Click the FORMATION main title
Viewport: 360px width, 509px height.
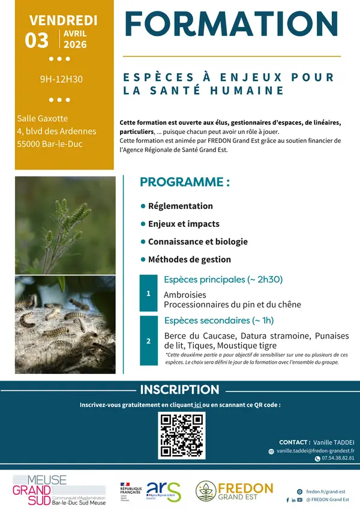click(x=232, y=24)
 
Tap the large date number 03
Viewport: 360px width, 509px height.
click(x=37, y=40)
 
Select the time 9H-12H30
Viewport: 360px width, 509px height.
click(x=61, y=79)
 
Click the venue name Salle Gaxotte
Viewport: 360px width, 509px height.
click(x=43, y=118)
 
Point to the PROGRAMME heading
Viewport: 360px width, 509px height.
click(x=184, y=182)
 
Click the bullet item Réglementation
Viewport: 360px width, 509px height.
click(x=180, y=206)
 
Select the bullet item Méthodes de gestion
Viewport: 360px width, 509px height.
click(x=189, y=260)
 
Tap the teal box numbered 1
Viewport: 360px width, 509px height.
click(x=148, y=294)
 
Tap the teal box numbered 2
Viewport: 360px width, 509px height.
click(x=148, y=341)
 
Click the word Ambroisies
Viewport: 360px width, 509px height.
click(x=185, y=295)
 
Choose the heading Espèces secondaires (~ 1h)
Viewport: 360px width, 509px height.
click(x=218, y=320)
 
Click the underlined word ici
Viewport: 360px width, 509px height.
click(x=197, y=405)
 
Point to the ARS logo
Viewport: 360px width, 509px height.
click(x=161, y=490)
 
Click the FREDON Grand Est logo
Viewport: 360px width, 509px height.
click(x=235, y=490)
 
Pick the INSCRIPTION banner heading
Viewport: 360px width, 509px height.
click(x=179, y=390)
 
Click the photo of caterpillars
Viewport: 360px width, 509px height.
click(x=65, y=324)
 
